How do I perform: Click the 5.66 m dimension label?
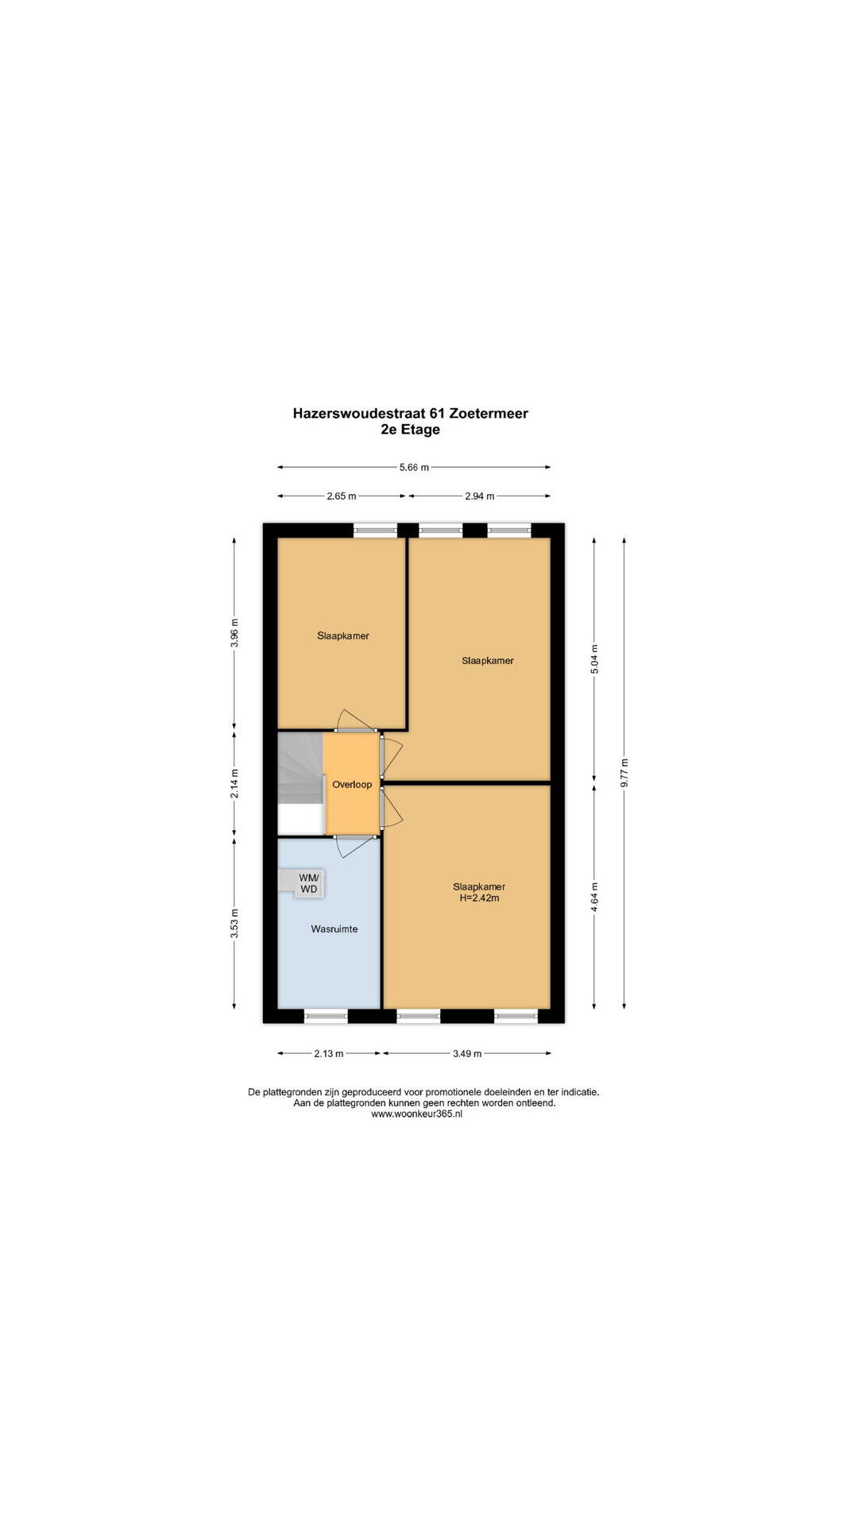pos(413,468)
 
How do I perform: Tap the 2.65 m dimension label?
pos(342,496)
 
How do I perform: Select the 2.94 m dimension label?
pos(479,496)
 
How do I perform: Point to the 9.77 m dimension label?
pos(624,773)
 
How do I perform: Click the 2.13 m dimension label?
pos(329,1054)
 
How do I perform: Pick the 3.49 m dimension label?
pos(467,1054)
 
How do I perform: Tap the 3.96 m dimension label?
pos(234,633)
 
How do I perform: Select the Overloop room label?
pos(352,785)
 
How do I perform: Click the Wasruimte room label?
pos(334,929)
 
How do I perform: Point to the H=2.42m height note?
pos(479,898)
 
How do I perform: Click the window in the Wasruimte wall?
pos(327,1015)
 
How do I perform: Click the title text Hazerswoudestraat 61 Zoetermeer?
pos(411,413)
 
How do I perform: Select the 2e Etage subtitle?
pos(411,430)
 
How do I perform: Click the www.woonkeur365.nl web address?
pos(417,1114)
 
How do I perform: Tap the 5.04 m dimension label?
pos(595,659)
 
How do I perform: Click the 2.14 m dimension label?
pos(234,783)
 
